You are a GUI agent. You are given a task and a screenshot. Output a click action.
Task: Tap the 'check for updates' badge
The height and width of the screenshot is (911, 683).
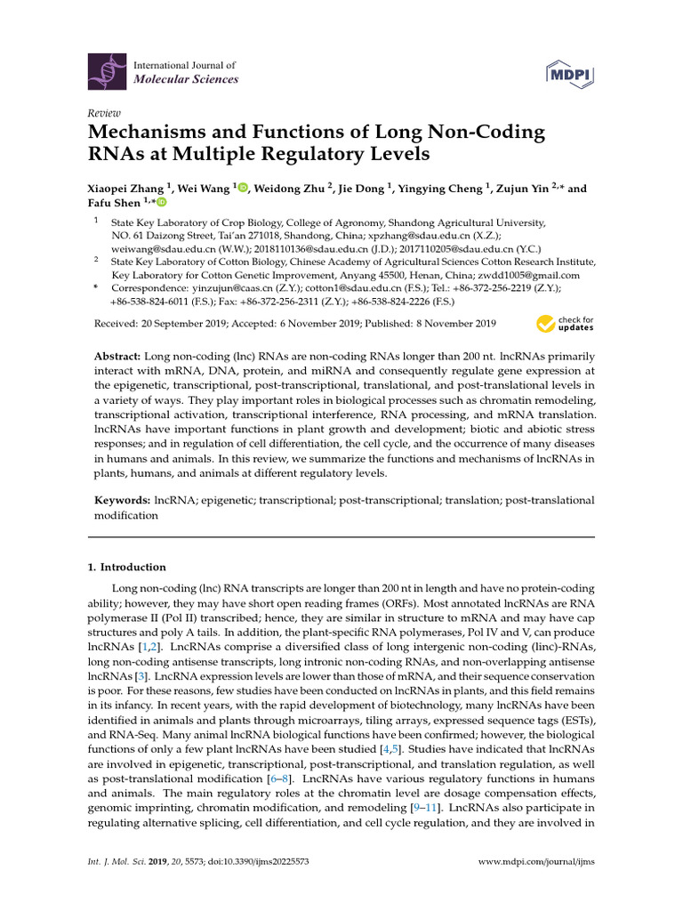[x=565, y=324]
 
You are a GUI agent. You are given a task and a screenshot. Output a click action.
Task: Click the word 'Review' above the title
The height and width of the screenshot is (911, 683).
[x=103, y=114]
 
